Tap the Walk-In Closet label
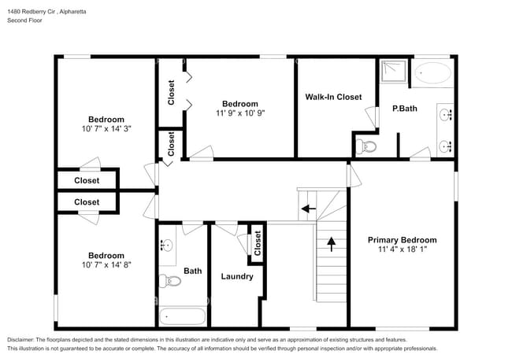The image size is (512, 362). [333, 97]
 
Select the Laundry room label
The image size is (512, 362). [236, 276]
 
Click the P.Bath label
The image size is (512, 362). [405, 108]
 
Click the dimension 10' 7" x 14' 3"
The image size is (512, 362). [105, 128]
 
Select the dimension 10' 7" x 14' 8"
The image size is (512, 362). [105, 265]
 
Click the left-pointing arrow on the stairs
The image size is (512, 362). [309, 209]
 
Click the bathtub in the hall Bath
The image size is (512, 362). [182, 317]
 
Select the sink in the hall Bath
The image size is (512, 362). [166, 245]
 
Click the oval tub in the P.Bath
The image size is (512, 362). [432, 74]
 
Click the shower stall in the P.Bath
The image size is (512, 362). [394, 72]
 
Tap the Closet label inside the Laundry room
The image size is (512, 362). [257, 244]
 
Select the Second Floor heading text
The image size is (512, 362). [25, 20]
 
